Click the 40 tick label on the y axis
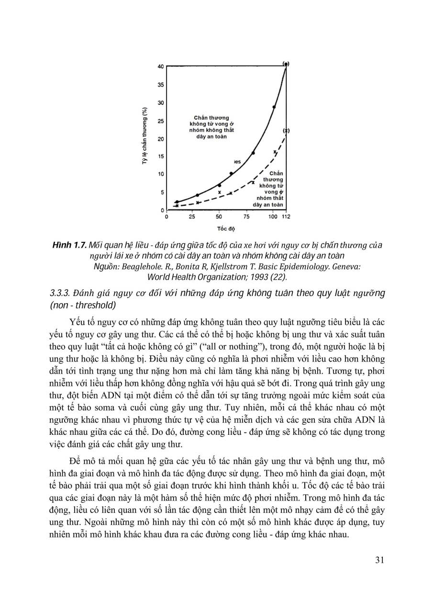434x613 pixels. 161,66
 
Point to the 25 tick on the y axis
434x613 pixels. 161,121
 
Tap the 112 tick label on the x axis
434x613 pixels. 286,217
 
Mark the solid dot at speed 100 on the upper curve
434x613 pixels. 274,107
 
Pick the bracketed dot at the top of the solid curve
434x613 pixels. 286,64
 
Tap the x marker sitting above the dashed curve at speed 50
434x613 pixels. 220,192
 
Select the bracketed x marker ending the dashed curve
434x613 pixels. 286,130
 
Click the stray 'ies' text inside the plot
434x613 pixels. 237,162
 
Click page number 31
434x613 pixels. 378,560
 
